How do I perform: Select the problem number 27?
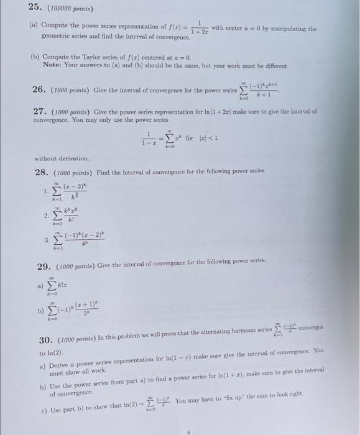click(x=40, y=112)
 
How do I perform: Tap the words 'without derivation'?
click(x=62, y=158)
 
